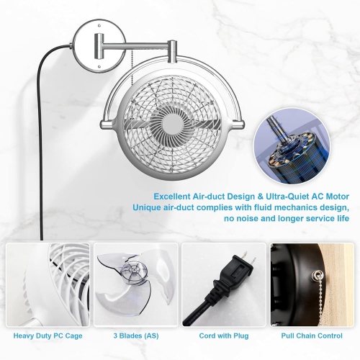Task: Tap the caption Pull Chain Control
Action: tap(311, 336)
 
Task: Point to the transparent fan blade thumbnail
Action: tap(134, 284)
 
